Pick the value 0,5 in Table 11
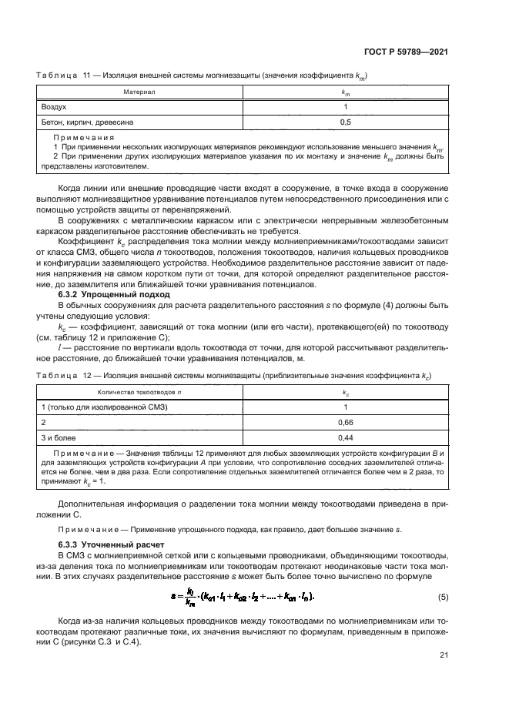click(345, 122)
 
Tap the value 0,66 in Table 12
click(345, 423)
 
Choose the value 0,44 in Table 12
click(345, 437)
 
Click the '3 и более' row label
click(59, 437)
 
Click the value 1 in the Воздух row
click(345, 106)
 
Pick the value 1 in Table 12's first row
click(345, 407)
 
